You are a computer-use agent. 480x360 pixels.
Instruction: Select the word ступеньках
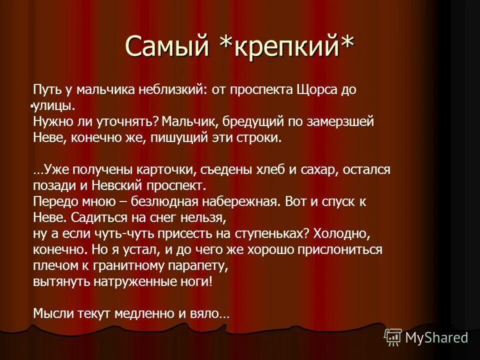click(259, 233)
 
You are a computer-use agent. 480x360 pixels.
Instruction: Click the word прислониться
click(339, 249)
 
